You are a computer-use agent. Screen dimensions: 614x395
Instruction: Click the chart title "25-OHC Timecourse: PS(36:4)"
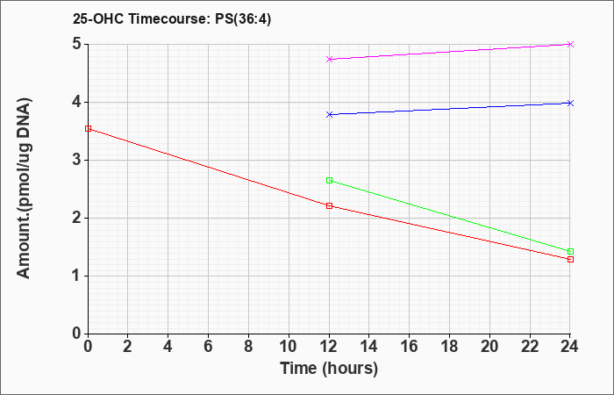coord(172,19)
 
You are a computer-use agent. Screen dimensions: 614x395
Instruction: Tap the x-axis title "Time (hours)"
coord(329,369)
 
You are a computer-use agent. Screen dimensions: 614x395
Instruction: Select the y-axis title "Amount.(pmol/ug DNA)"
coord(25,189)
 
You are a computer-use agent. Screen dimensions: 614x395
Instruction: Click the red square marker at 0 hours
coord(88,128)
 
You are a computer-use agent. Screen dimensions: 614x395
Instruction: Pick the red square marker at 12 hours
coord(329,205)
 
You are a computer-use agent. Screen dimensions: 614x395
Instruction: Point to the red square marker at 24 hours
coord(570,260)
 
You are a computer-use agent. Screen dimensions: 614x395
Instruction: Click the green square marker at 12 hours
coord(329,180)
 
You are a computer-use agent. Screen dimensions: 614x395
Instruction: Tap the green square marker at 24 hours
coord(570,251)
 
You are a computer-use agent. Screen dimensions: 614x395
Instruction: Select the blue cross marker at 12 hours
coord(329,114)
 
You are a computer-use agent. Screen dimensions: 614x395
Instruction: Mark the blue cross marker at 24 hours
coord(570,103)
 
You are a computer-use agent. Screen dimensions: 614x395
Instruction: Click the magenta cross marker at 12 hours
coord(329,59)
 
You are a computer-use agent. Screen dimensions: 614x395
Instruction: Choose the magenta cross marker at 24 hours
coord(570,44)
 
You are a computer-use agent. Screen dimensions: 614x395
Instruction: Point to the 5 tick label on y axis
coord(76,44)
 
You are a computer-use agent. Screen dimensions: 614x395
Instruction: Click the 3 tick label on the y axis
coord(76,161)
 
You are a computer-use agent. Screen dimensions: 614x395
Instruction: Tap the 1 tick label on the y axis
coord(76,276)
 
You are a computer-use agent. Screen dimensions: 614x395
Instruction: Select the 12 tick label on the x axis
coord(329,347)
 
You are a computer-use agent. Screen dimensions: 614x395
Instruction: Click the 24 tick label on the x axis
coord(569,347)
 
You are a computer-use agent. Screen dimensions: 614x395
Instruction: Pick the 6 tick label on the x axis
coord(208,347)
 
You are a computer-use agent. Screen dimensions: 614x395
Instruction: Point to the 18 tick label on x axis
coord(449,347)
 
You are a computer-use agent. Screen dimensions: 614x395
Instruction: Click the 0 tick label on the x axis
coord(88,347)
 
